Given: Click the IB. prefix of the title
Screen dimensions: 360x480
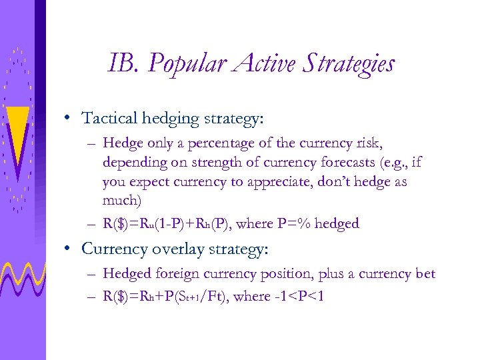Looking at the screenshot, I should coord(124,64).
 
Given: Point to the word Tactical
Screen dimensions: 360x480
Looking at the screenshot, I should coord(109,118).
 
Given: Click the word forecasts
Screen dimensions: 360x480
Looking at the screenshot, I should coord(309,163).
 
